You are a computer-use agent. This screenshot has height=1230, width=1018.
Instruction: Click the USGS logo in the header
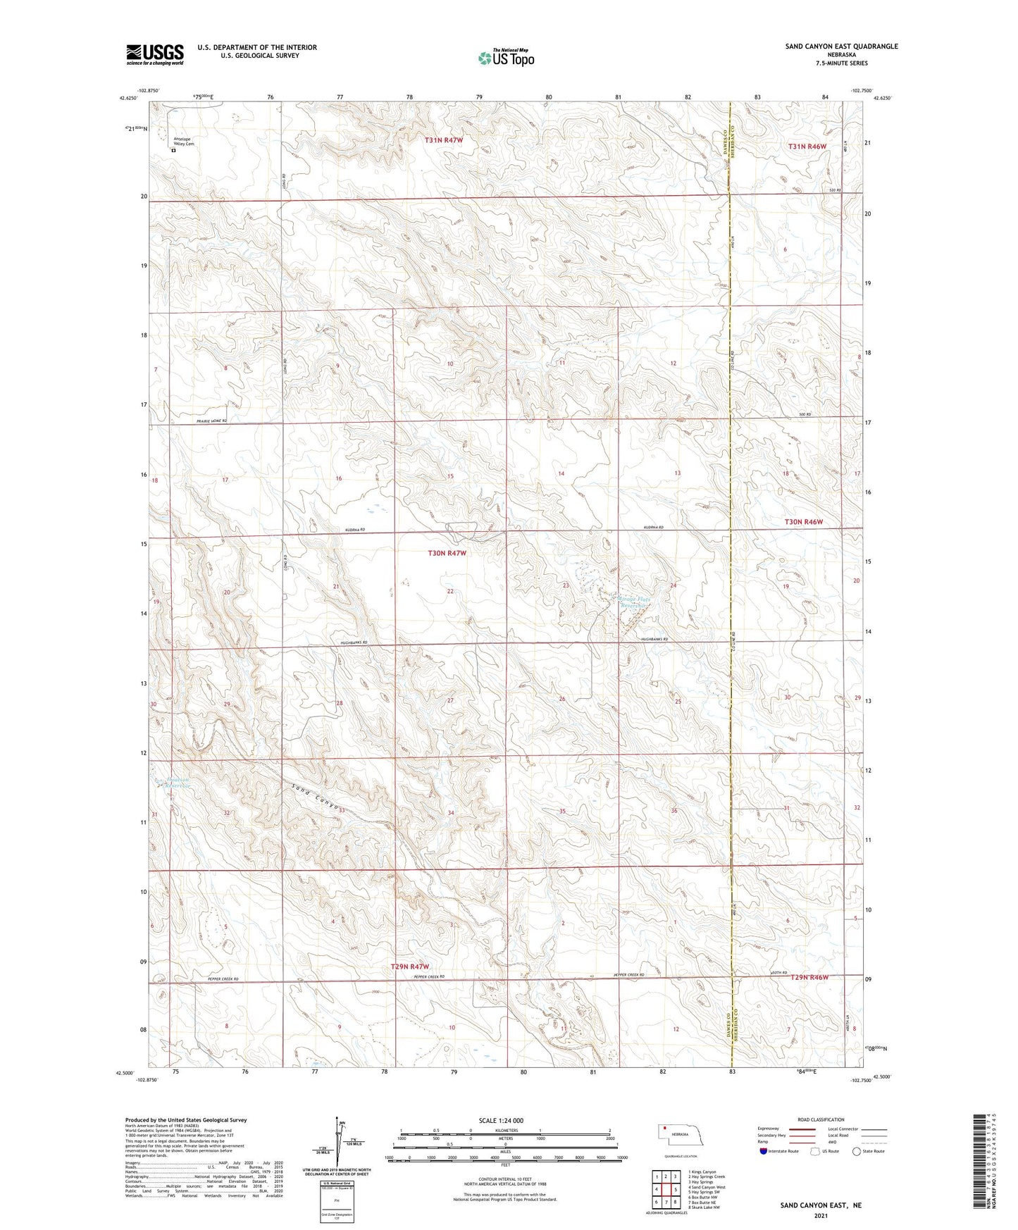coord(155,54)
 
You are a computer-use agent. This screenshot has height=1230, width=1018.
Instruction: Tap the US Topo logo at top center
coord(506,58)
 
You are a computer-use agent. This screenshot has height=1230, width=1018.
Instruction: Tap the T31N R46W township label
coord(807,146)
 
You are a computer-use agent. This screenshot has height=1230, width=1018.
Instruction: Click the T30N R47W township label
coord(447,553)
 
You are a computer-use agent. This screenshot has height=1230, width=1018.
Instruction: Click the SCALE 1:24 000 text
coord(501,1120)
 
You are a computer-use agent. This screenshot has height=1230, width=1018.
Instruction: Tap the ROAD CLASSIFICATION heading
coord(821,1119)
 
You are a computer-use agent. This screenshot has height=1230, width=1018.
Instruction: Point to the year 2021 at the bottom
coord(820,1216)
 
